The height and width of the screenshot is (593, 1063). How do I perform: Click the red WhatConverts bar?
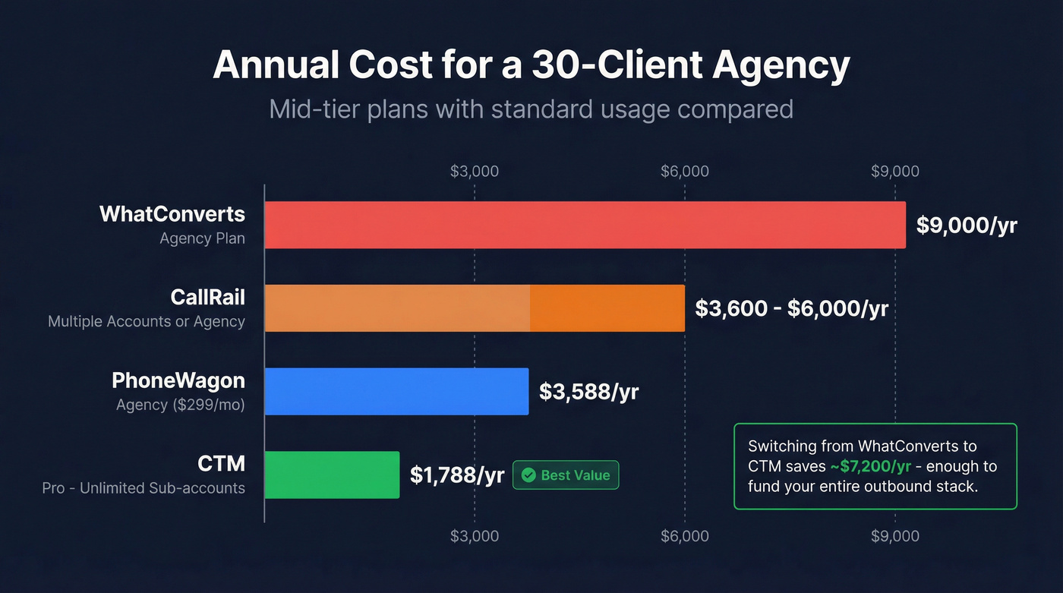click(585, 225)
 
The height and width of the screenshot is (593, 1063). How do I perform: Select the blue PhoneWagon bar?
click(396, 392)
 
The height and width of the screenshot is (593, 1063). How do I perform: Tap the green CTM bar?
click(332, 475)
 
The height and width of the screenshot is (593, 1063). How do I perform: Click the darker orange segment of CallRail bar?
click(607, 308)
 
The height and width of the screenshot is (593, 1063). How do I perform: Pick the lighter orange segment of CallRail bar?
click(397, 308)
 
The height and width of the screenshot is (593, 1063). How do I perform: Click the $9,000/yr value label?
click(966, 226)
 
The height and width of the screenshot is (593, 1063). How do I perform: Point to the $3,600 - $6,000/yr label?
click(791, 309)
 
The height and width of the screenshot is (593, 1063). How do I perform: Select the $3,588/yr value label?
click(588, 392)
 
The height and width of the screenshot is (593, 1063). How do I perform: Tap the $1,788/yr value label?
click(457, 475)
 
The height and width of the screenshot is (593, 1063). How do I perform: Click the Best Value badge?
click(566, 475)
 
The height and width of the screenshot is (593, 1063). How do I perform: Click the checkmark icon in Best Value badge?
click(528, 475)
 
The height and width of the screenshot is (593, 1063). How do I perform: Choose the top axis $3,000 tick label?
click(475, 171)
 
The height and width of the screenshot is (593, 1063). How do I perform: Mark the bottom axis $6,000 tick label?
click(684, 536)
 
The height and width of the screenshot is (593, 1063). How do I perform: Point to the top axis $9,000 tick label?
click(894, 171)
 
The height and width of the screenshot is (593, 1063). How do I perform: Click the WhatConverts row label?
click(172, 214)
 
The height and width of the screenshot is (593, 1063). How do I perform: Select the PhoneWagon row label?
click(178, 380)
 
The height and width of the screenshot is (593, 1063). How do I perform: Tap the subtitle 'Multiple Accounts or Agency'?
click(147, 322)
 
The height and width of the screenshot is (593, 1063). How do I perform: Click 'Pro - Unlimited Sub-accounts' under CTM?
click(144, 488)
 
